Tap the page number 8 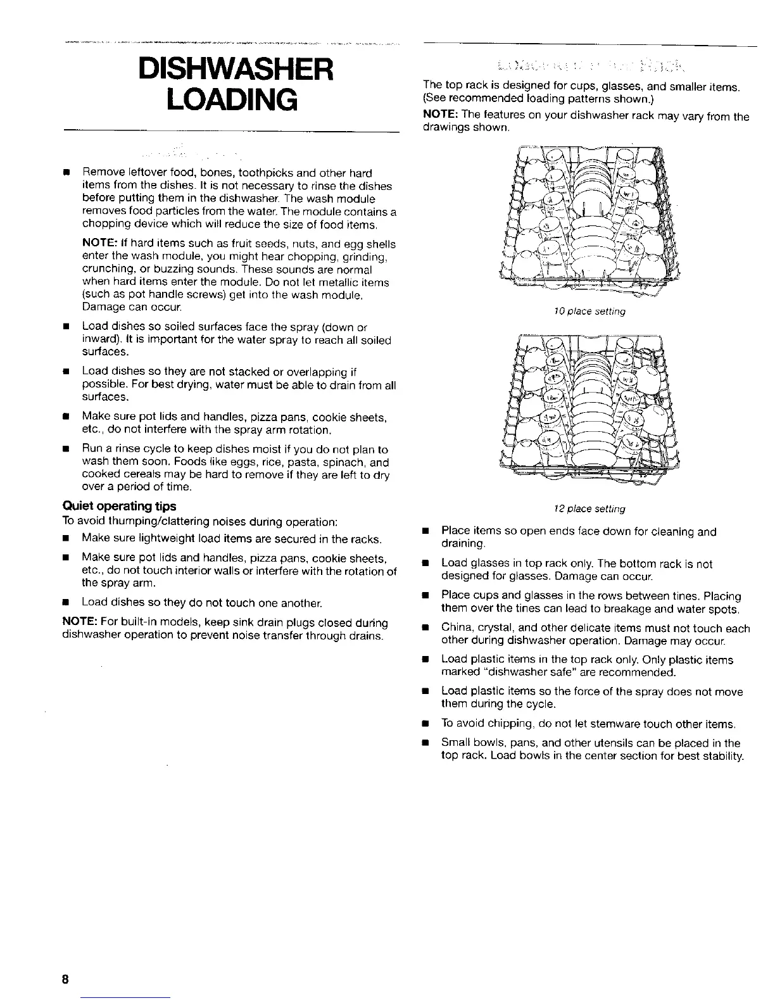pyautogui.click(x=65, y=980)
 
